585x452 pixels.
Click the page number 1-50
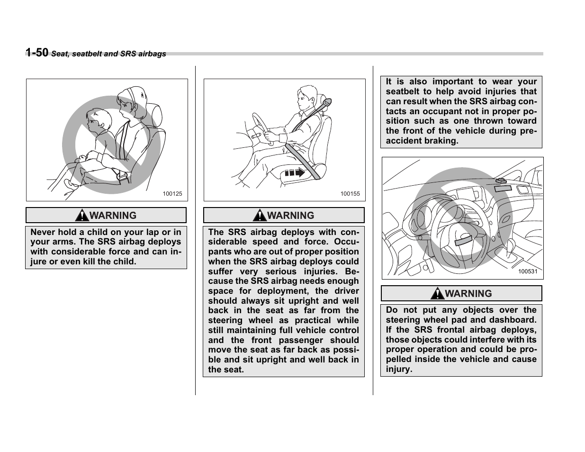pos(36,53)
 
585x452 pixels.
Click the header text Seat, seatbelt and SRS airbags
pos(108,54)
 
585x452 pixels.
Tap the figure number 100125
pos(172,194)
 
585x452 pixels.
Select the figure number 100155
pos(350,194)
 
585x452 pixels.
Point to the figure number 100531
pos(527,271)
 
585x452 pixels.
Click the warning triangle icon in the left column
pos(82,216)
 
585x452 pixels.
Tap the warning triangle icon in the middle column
pos(260,216)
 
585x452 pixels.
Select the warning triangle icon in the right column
pos(438,294)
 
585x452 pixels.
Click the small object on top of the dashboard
pos(500,181)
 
